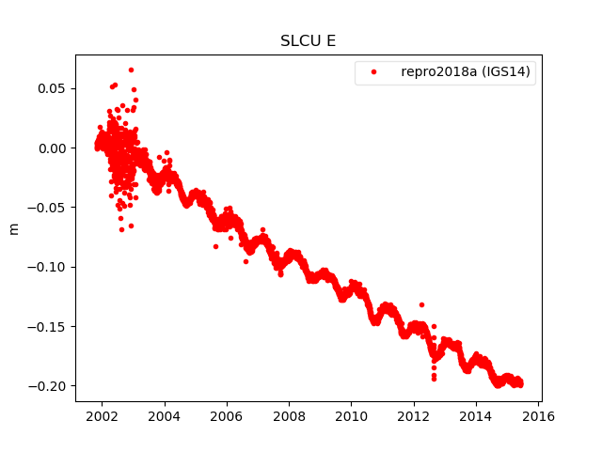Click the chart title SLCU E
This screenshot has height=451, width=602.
(308, 41)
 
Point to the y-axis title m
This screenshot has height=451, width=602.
(14, 228)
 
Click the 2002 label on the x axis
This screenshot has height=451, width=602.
(102, 416)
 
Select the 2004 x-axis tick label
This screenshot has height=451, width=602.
(164, 416)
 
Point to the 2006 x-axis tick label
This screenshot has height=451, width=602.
(227, 416)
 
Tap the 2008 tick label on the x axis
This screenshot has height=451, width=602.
(289, 416)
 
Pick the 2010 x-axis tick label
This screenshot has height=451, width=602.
(351, 416)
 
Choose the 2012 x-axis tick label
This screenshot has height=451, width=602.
(414, 416)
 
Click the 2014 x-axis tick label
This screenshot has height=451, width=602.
(476, 416)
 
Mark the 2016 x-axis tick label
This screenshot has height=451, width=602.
(538, 416)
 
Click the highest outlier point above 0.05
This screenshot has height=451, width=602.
(131, 70)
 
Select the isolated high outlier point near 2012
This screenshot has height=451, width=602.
(421, 304)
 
